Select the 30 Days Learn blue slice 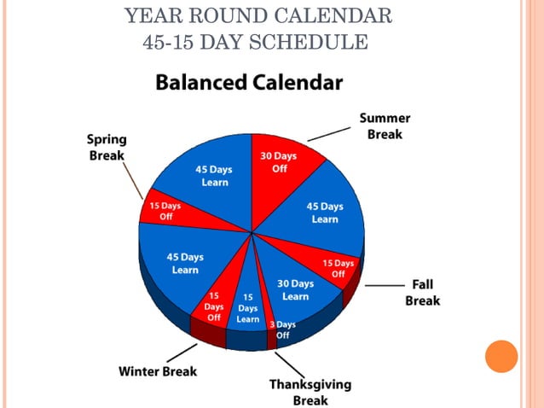[x=296, y=290]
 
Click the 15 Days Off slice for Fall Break [x=339, y=268]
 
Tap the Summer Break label [x=385, y=125]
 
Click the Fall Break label [x=422, y=292]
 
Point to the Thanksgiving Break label [x=310, y=392]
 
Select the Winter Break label [x=158, y=371]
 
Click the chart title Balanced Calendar [x=248, y=83]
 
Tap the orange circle [x=501, y=356]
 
